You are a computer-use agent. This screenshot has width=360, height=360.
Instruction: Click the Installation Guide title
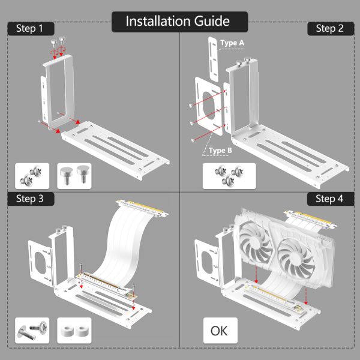pos(178,22)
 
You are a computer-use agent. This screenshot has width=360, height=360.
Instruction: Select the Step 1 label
pos(30,28)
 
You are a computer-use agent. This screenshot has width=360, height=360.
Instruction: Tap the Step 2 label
pos(329,28)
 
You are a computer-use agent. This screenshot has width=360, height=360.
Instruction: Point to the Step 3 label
pos(30,199)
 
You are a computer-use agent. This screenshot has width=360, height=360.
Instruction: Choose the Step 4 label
pos(329,199)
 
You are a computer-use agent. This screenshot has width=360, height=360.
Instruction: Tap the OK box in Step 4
pos(220,330)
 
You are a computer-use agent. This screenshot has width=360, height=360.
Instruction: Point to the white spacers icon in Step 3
pos(74,329)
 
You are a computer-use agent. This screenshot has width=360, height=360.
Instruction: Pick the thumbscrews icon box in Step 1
pos(74,176)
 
